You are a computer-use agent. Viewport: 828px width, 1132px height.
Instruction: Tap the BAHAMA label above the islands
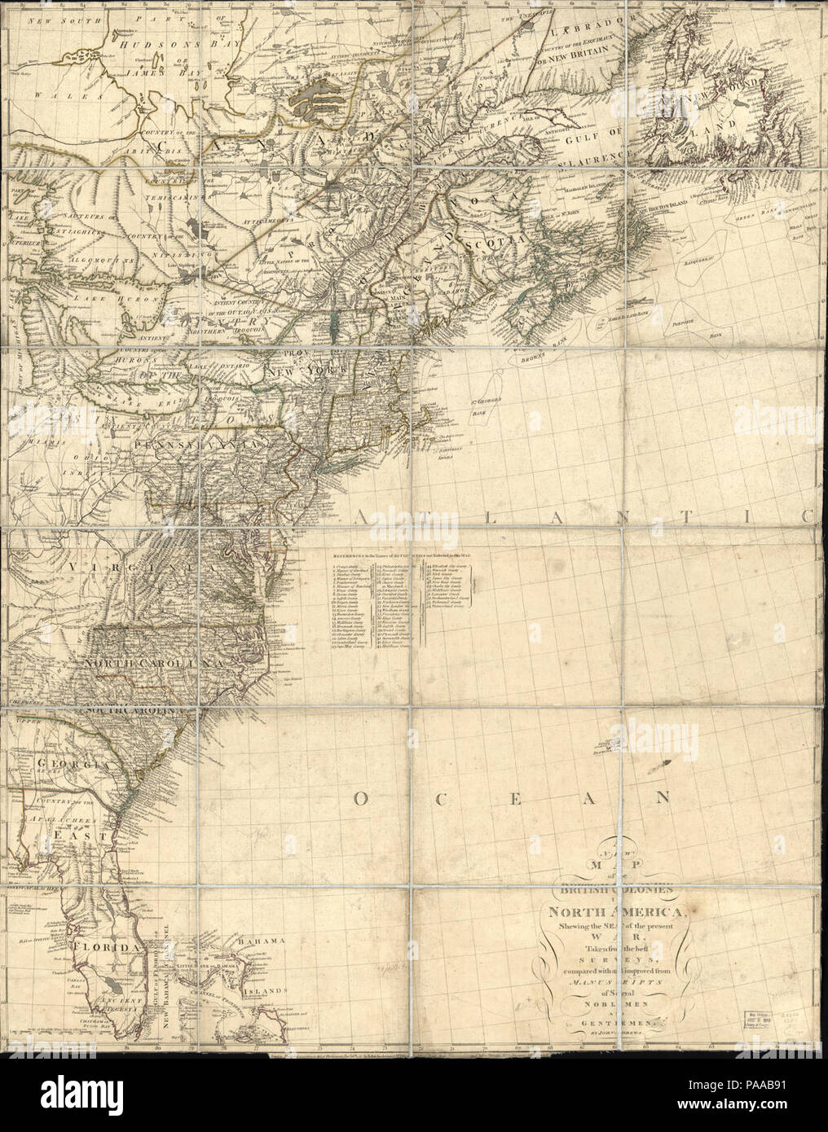tap(254, 941)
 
